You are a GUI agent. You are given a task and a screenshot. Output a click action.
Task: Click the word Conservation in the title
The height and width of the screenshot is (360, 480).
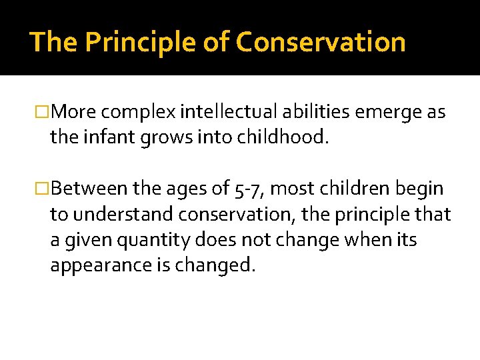pyautogui.click(x=321, y=42)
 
